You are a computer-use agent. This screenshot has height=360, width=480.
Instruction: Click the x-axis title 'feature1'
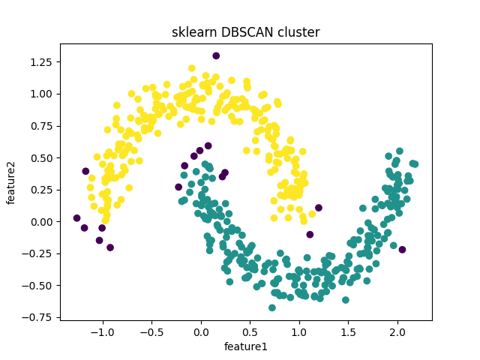[245, 346]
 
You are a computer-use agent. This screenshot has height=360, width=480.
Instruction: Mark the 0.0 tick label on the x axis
[200, 332]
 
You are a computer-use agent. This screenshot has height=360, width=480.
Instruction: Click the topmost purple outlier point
[216, 55]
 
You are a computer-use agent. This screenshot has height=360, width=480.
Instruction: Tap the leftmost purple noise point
[76, 218]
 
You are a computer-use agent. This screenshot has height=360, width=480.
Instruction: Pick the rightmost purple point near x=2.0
[402, 249]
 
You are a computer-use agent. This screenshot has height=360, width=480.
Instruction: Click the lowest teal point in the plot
[272, 307]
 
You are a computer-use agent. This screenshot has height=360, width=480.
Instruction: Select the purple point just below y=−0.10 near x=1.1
[310, 235]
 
